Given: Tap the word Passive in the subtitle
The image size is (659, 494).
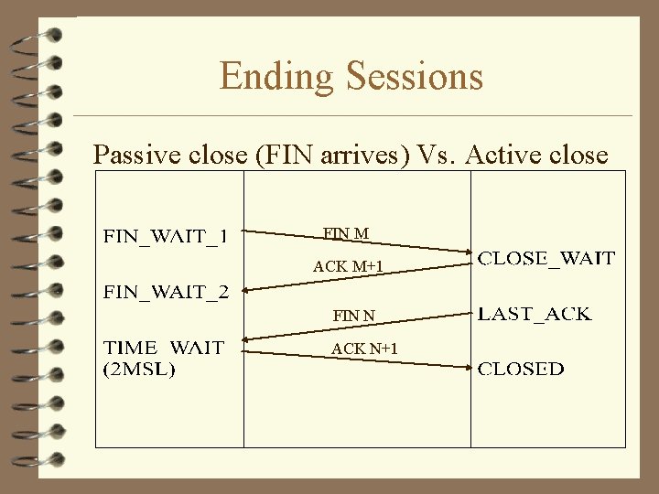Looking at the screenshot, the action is point(140,155).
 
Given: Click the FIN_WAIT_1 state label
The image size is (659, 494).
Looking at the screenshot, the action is point(165,238).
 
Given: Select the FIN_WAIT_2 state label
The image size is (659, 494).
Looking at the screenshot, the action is point(165,292).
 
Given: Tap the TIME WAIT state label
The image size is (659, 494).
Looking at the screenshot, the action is point(164,349).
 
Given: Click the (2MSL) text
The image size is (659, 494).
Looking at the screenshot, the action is point(140,370).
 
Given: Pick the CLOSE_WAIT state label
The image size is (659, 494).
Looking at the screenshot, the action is point(547,259).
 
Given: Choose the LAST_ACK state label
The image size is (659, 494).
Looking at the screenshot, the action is point(535,314).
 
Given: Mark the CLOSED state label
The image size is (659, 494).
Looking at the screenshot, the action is point(522,370).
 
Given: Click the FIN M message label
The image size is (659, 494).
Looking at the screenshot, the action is point(346,234).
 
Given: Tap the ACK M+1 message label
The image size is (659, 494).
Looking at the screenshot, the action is point(348,266).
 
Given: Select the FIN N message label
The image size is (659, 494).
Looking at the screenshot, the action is point(353,316).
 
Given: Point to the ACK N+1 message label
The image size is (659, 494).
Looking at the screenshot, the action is point(363,349).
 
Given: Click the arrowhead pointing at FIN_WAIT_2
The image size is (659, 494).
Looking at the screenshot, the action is point(247,291).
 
